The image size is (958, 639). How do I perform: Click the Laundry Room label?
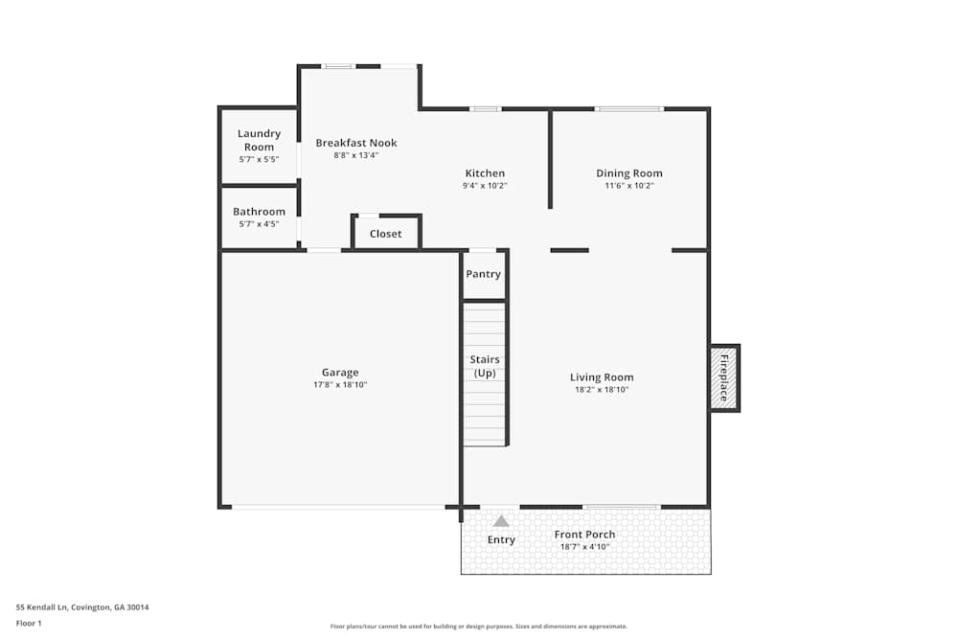pyautogui.click(x=259, y=140)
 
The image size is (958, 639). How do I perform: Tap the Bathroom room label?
pyautogui.click(x=259, y=212)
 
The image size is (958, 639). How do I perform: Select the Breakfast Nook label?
pyautogui.click(x=356, y=143)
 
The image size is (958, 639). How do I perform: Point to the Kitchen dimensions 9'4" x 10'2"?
pyautogui.click(x=485, y=186)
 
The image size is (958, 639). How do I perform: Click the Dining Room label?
pyautogui.click(x=629, y=173)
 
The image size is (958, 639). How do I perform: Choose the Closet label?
pyautogui.click(x=386, y=234)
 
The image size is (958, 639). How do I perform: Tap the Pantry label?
pyautogui.click(x=484, y=274)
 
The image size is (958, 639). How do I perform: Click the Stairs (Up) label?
pyautogui.click(x=485, y=366)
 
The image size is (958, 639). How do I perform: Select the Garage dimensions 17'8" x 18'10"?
pyautogui.click(x=340, y=385)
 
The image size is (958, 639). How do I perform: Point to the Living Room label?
pyautogui.click(x=602, y=377)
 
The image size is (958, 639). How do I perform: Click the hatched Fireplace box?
pyautogui.click(x=724, y=377)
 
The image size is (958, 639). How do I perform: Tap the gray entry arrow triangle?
pyautogui.click(x=501, y=521)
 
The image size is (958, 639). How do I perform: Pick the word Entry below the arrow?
pyautogui.click(x=501, y=540)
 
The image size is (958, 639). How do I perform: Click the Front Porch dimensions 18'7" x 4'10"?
pyautogui.click(x=584, y=547)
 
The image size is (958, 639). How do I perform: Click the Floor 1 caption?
pyautogui.click(x=29, y=623)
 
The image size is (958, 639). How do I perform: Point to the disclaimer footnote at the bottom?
pyautogui.click(x=479, y=626)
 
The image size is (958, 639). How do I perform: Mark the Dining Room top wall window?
pyautogui.click(x=628, y=108)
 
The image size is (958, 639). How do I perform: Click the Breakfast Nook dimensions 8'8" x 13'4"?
pyautogui.click(x=356, y=155)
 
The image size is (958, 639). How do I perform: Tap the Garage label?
pyautogui.click(x=340, y=373)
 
